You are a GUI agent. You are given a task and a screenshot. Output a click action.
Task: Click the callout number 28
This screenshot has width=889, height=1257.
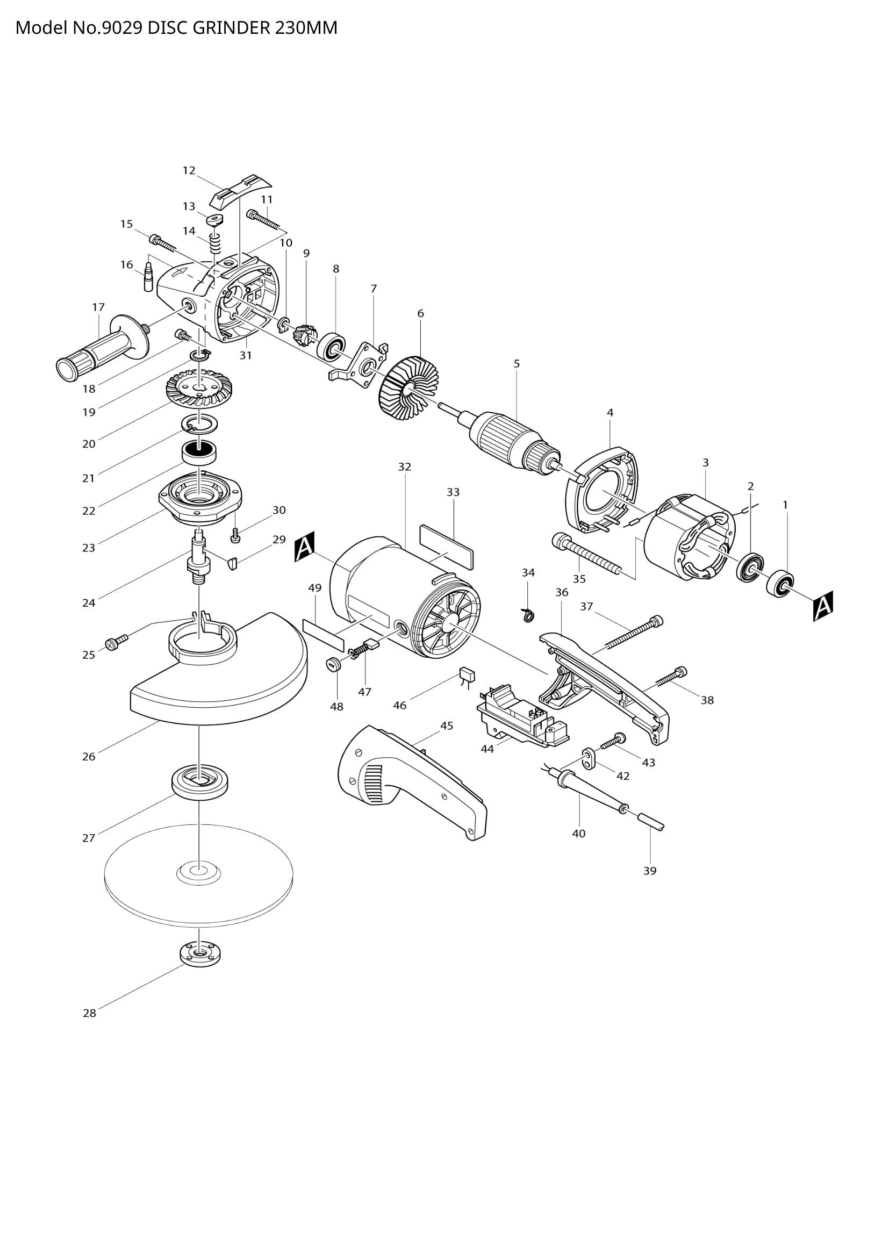(89, 1014)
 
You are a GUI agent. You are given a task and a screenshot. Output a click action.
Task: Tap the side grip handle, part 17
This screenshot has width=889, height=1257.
(101, 351)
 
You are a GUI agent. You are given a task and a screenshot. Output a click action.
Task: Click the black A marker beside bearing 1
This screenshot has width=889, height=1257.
(823, 606)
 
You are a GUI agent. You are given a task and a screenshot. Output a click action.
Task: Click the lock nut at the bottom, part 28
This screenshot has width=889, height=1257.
(200, 954)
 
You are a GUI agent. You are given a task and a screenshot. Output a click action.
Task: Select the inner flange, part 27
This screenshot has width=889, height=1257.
(200, 781)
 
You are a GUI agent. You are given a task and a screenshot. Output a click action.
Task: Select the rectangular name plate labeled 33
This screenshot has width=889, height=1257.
(447, 545)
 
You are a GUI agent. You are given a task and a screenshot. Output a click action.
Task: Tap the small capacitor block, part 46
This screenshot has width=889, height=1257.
(467, 674)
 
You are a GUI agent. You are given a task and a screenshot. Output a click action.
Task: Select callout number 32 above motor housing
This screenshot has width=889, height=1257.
(404, 467)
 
